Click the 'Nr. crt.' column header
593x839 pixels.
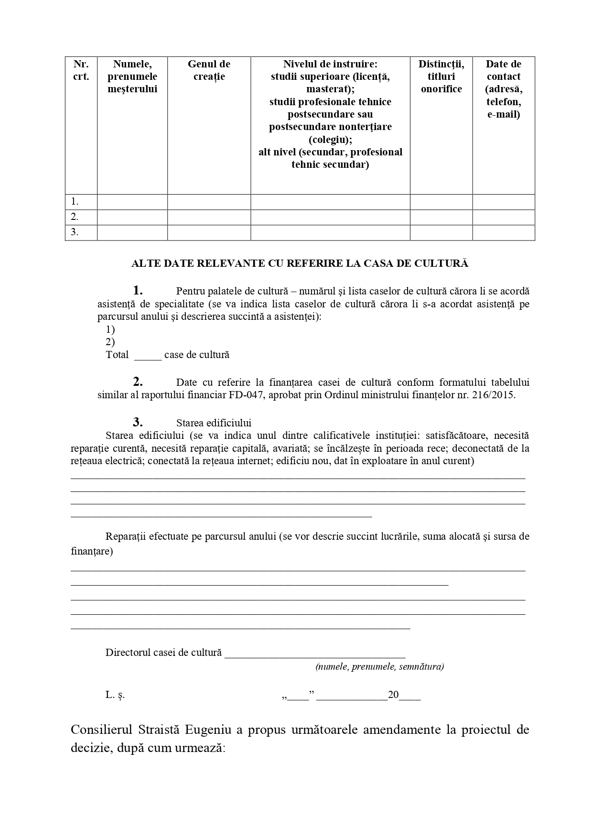81,70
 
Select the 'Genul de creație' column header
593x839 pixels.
209,70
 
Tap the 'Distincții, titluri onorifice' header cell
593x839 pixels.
441,76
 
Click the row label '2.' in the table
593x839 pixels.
75,217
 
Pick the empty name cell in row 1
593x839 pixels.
132,202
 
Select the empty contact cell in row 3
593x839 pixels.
503,232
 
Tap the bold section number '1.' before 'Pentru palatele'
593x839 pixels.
138,290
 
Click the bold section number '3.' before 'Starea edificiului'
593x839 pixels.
138,422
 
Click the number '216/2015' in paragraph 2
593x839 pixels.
496,395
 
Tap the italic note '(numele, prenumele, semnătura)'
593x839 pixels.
379,667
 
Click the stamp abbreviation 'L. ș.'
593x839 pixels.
115,695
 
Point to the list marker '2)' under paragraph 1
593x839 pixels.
110,342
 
